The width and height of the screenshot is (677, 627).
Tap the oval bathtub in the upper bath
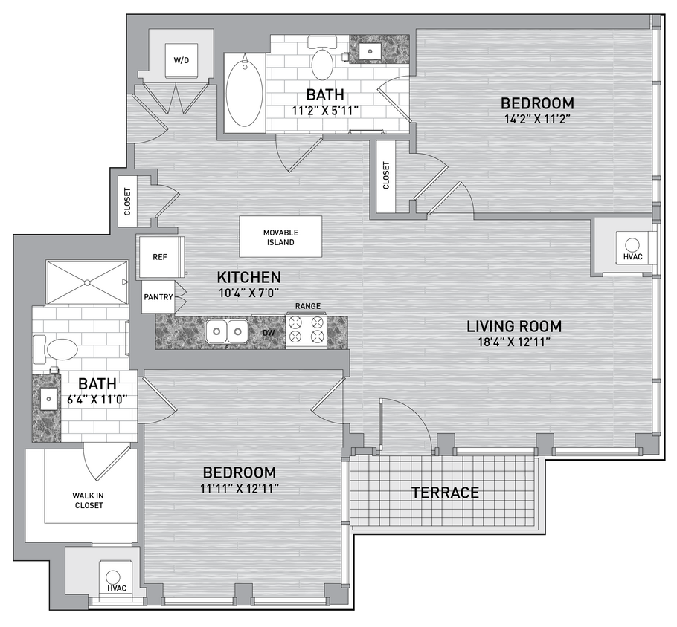[x=244, y=94]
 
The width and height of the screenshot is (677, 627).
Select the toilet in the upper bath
[x=322, y=62]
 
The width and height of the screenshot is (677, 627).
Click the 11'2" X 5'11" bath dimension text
[x=325, y=111]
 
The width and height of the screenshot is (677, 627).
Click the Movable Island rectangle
[x=280, y=237]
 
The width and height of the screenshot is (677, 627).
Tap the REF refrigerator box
[x=159, y=257]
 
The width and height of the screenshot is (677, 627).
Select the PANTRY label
[x=158, y=297]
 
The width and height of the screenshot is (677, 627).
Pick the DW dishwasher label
[x=267, y=332]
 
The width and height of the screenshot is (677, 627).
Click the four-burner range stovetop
[x=307, y=330]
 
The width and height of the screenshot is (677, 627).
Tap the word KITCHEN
[x=248, y=277]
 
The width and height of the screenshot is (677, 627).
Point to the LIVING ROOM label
[x=513, y=325]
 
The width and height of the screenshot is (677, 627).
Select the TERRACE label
[x=445, y=492]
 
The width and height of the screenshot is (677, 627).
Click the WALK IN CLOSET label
[x=88, y=501]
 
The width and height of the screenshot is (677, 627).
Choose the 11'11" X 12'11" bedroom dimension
[x=240, y=488]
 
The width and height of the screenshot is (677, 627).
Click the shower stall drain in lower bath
[x=86, y=282]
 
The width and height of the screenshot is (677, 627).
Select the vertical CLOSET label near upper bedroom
[x=386, y=176]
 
